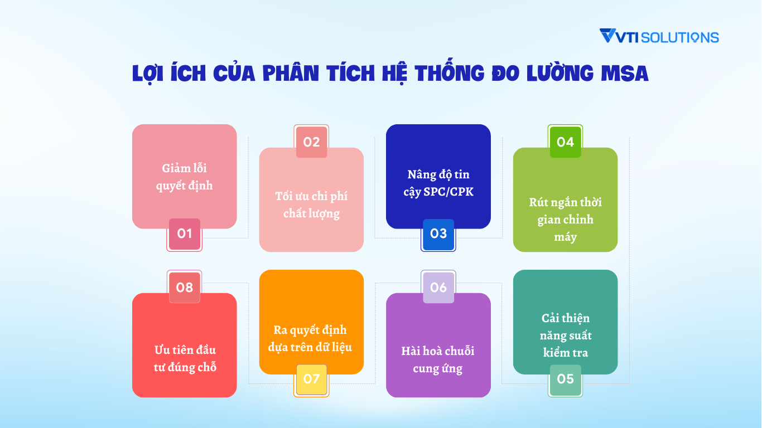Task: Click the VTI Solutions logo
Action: click(659, 37)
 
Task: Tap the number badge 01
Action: click(185, 234)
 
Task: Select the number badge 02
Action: click(311, 142)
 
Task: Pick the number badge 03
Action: click(438, 234)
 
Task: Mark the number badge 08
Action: click(185, 288)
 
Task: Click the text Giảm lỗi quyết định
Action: click(185, 177)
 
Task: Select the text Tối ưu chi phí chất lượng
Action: click(311, 205)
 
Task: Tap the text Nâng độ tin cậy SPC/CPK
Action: click(438, 183)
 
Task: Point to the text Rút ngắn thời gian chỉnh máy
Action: click(565, 219)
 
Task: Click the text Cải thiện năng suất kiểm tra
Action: click(565, 335)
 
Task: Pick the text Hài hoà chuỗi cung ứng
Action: click(438, 359)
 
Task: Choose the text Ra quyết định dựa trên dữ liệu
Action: click(311, 338)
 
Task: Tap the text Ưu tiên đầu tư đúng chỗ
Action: click(185, 358)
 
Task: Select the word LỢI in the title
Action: click(151, 74)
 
